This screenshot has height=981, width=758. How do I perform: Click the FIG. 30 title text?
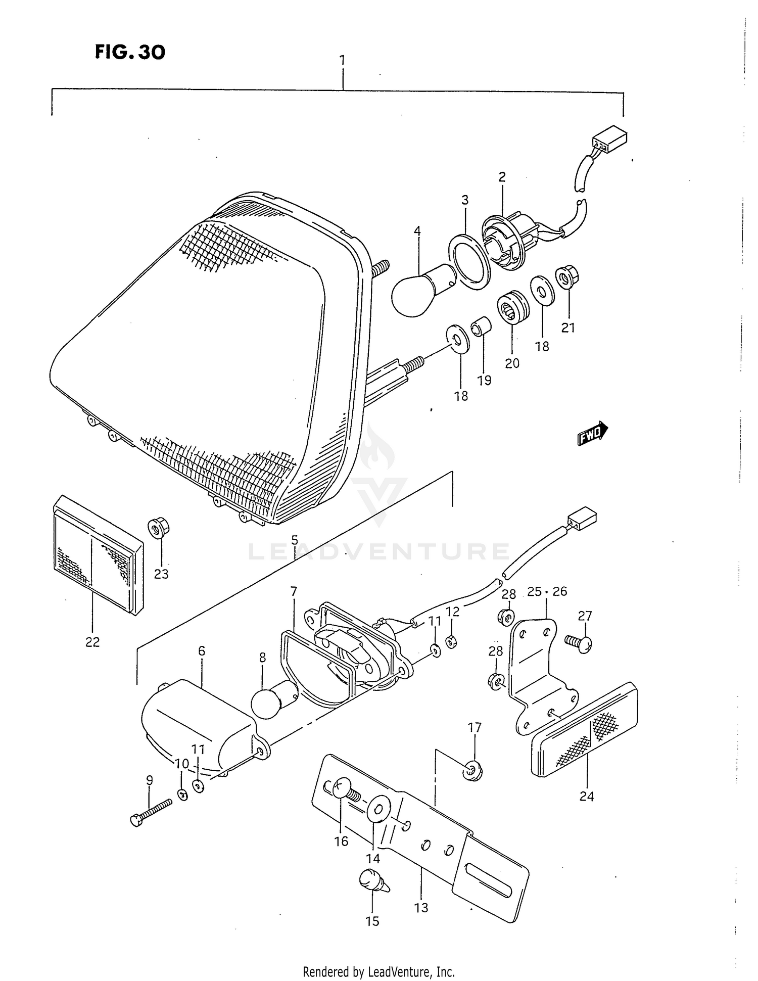pos(130,52)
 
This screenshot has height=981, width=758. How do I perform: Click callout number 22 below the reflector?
pos(92,642)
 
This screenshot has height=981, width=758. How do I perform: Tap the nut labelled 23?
pos(159,529)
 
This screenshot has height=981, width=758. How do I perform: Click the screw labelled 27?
pos(580,644)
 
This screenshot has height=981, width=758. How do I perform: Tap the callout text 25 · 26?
pos(547,591)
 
